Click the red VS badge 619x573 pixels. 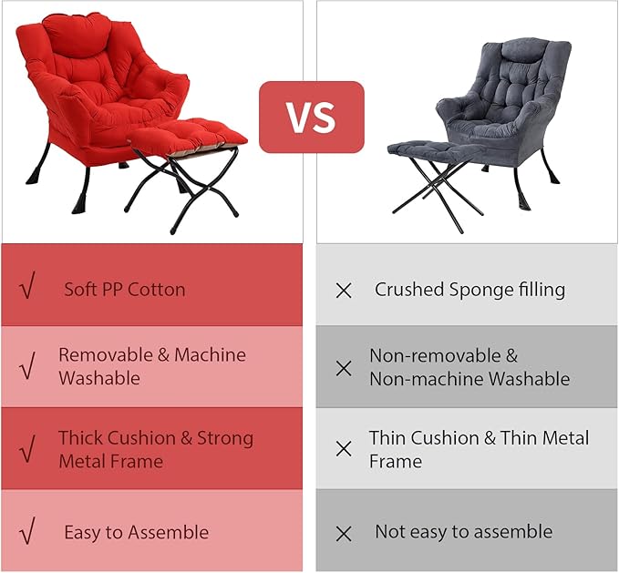pyautogui.click(x=311, y=117)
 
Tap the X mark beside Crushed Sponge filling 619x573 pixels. pyautogui.click(x=344, y=291)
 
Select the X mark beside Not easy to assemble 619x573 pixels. pyautogui.click(x=344, y=534)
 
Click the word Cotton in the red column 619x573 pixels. pyautogui.click(x=156, y=290)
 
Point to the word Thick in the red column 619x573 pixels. pyautogui.click(x=81, y=437)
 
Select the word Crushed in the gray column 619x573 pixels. pyautogui.click(x=408, y=290)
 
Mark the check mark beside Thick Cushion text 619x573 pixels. pyautogui.click(x=27, y=448)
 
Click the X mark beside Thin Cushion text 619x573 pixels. pyautogui.click(x=344, y=448)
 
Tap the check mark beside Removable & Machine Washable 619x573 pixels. pyautogui.click(x=27, y=367)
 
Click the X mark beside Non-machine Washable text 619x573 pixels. pyautogui.click(x=344, y=368)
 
